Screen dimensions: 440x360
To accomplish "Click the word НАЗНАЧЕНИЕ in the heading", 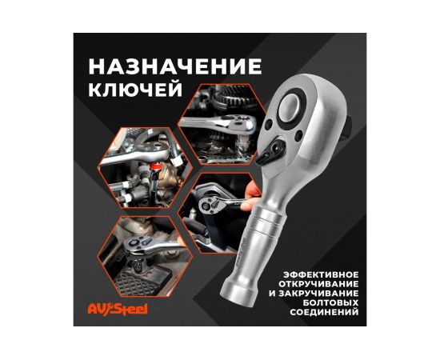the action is point(175,66).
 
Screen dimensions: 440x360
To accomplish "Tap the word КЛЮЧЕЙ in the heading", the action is point(135,89).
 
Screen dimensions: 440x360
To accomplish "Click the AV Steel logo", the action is point(118,309).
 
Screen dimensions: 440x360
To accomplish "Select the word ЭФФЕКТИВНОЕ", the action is point(321,274).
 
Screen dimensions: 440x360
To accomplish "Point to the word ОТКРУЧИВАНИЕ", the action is point(318,284).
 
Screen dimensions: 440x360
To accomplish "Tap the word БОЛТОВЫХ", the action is point(331,302).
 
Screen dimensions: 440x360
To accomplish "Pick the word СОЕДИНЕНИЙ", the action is point(324,312).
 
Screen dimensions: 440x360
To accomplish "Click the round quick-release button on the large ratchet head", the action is point(290,107).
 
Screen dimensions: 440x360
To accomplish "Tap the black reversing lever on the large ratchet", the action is point(270,150).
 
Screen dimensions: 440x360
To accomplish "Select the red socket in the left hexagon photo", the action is point(154,167).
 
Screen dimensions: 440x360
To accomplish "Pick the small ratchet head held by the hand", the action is point(209,204).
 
